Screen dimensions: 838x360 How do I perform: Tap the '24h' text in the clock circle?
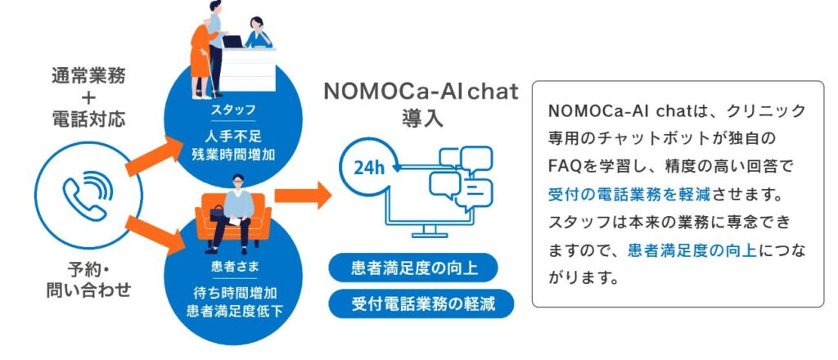click(x=369, y=168)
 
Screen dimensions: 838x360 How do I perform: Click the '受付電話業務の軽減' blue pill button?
click(x=421, y=304)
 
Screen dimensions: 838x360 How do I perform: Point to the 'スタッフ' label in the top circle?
click(x=232, y=110)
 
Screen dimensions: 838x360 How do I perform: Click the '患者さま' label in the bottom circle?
click(x=232, y=265)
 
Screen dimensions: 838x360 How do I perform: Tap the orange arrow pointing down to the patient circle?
click(x=155, y=234)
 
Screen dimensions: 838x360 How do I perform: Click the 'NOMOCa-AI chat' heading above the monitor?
click(x=421, y=92)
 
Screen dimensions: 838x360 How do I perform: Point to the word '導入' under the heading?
click(x=422, y=119)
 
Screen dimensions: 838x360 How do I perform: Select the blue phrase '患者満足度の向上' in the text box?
click(x=692, y=250)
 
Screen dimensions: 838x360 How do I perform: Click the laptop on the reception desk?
click(x=233, y=42)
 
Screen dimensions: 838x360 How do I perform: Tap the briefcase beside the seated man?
click(x=217, y=213)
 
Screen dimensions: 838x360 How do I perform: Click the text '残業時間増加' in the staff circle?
click(x=232, y=154)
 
